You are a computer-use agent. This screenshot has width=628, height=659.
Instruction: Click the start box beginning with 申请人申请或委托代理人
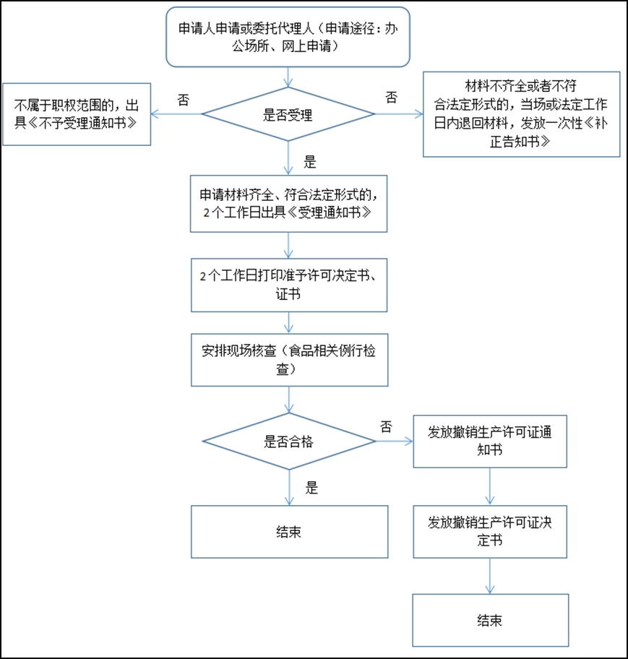(288, 36)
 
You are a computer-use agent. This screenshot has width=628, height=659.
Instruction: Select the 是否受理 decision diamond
(288, 114)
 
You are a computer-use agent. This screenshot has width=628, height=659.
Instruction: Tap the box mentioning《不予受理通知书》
(77, 114)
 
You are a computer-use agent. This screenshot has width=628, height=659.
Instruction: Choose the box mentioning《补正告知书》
(521, 114)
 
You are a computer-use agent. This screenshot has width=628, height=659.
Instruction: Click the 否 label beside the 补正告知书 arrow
(391, 97)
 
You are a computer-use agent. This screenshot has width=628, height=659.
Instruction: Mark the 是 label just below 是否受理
(310, 162)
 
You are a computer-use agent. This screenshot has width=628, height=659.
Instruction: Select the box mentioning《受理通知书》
(288, 203)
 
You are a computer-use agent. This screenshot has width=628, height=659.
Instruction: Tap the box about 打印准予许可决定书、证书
(288, 285)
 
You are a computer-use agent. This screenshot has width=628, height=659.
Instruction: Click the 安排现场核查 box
(288, 359)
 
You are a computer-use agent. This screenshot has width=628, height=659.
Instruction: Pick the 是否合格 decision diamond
(288, 441)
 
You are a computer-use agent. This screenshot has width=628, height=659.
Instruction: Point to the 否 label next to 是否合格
(386, 426)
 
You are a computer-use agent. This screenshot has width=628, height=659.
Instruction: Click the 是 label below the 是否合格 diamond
(311, 488)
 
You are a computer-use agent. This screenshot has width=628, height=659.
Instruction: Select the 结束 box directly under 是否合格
(288, 531)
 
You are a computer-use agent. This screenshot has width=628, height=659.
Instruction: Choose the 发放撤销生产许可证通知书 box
(490, 441)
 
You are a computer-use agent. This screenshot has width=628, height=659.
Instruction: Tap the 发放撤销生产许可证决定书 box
(490, 531)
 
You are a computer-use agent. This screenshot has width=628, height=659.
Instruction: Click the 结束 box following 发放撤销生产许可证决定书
(490, 620)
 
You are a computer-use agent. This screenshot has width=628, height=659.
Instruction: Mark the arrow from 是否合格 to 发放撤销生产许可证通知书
(394, 441)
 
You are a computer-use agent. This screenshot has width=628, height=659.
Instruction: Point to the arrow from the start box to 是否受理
(289, 76)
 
